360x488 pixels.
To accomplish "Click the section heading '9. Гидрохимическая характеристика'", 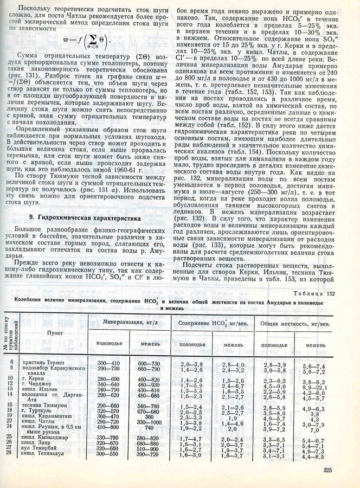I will pyautogui.click(x=81, y=233).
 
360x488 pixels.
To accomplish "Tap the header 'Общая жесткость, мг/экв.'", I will pyautogui.click(x=294, y=324).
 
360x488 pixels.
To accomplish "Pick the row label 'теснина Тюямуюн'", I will pyautogui.click(x=44, y=406).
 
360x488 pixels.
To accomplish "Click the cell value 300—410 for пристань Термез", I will pyautogui.click(x=108, y=362).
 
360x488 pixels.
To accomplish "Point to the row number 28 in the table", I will pyautogui.click(x=10, y=453).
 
